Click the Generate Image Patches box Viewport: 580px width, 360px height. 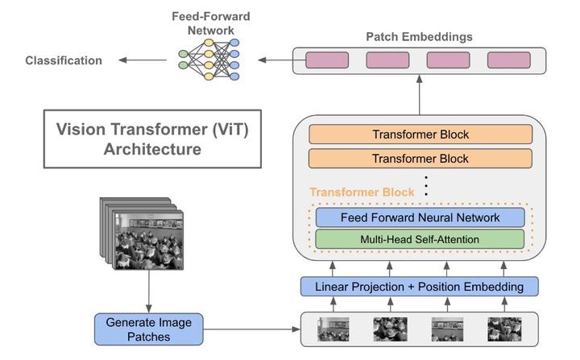[x=148, y=329]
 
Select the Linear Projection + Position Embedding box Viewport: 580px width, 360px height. [x=419, y=286]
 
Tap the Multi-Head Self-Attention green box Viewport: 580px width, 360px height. [x=419, y=239]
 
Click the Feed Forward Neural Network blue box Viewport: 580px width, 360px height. [x=419, y=217]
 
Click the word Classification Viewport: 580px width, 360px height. [x=64, y=60]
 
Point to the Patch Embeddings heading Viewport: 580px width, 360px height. [x=419, y=37]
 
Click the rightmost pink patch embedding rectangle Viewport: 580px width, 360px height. [x=509, y=60]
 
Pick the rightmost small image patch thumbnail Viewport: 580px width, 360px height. [x=504, y=329]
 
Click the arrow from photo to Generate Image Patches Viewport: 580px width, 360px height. [x=148, y=290]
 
